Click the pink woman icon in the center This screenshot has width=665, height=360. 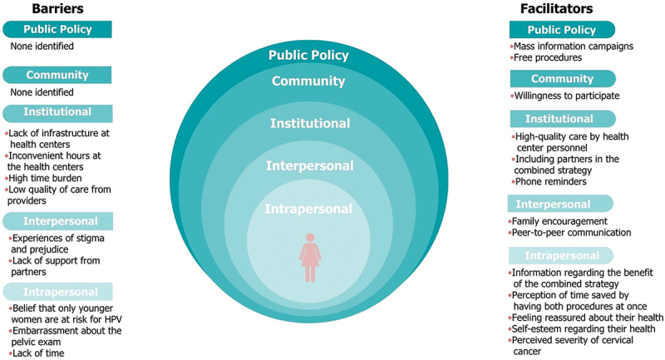(x=308, y=257)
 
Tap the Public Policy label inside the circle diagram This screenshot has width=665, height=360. (x=308, y=56)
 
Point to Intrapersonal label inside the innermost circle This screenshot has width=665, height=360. (x=308, y=208)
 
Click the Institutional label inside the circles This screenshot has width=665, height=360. (x=308, y=123)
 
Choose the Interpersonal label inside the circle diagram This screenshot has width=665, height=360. (x=308, y=166)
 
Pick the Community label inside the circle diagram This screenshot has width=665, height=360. (x=308, y=81)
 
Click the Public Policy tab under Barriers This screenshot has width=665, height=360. (x=57, y=30)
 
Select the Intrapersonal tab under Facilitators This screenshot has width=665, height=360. (x=559, y=255)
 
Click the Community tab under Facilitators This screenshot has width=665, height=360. (x=562, y=79)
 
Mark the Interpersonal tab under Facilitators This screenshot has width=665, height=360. (x=559, y=204)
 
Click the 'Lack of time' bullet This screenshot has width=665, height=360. (x=38, y=353)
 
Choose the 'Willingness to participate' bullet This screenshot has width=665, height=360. (x=567, y=96)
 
